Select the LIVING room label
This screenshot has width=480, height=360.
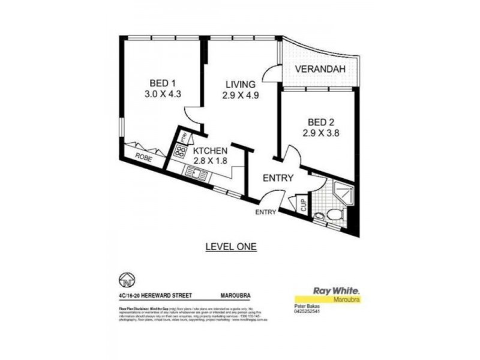coord(241,84)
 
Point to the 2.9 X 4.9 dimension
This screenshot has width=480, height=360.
coord(241,95)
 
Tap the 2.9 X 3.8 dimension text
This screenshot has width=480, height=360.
coord(317,134)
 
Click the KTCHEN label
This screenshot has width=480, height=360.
coord(210,151)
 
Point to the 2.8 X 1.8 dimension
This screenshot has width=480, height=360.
coord(210,161)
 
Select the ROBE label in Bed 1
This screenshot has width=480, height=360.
coord(143,157)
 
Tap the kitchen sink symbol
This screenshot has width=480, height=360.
coord(197,175)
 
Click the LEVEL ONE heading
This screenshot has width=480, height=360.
coord(230,246)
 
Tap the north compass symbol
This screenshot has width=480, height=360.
coord(127,280)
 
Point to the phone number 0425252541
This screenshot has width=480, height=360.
coord(307,311)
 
